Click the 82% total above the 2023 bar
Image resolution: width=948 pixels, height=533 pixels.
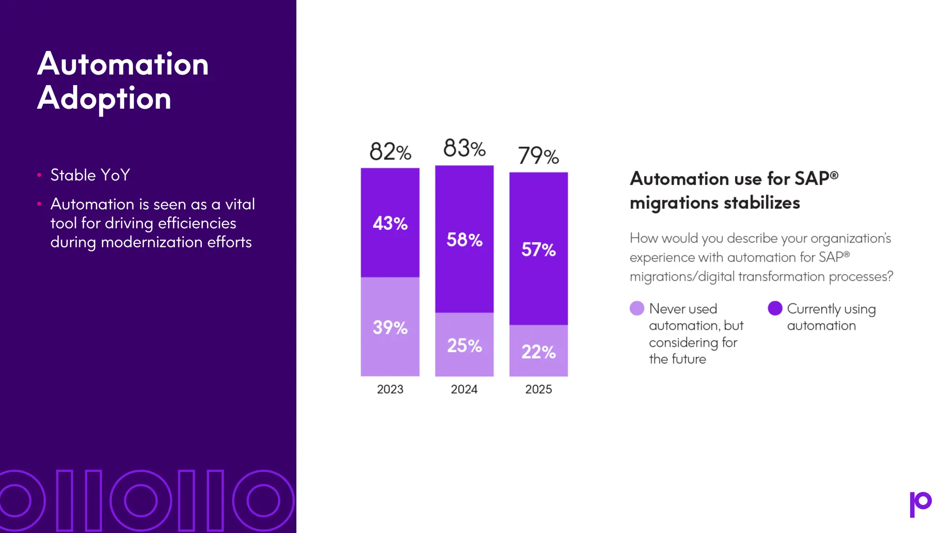coord(390,152)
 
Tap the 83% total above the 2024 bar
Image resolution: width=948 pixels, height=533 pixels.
coord(464,149)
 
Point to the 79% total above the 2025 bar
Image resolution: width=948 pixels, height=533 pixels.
coord(538,155)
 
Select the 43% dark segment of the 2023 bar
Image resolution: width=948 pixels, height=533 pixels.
coord(390,223)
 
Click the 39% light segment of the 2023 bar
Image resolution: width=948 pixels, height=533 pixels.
coord(390,328)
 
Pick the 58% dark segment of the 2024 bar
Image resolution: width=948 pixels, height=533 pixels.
coord(464,240)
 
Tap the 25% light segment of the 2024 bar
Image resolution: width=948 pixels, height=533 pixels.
coord(464,346)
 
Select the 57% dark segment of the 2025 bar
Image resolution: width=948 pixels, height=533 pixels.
coord(538,250)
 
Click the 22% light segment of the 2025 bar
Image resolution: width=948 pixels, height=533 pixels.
coord(538,352)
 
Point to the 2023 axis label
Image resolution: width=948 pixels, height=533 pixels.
coord(390,389)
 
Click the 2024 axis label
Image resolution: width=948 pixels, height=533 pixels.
coord(464,389)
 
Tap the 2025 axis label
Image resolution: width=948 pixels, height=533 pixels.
coord(538,389)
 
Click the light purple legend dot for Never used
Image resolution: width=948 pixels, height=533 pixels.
coord(637,308)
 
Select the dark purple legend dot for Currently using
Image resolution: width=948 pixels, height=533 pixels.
coord(775,308)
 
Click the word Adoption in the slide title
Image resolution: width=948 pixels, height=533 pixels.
coord(104,99)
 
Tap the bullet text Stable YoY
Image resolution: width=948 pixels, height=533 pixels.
coord(90,175)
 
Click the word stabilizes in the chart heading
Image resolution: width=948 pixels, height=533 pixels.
coord(761,203)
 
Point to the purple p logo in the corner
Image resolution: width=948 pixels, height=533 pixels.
coord(920,504)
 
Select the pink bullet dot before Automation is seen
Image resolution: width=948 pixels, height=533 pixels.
coord(39,204)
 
